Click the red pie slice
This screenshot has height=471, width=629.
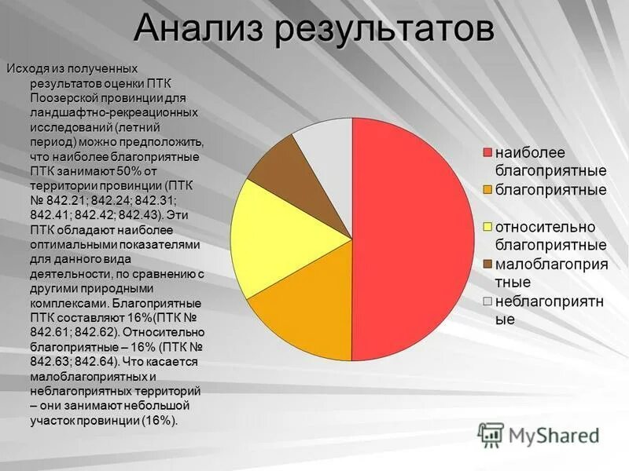coord(413,235)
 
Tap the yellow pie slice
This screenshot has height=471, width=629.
coord(271,235)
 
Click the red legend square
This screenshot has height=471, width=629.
coord(487,152)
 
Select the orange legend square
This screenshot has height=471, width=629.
coord(487,190)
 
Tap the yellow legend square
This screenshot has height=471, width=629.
coord(487,228)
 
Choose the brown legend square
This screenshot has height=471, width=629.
coord(487,265)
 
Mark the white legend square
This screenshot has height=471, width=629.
coord(487,302)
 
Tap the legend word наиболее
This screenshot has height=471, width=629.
coord(541,152)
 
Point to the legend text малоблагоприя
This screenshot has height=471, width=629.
coord(550,265)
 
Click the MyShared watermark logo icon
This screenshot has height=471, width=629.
coord(491,435)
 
